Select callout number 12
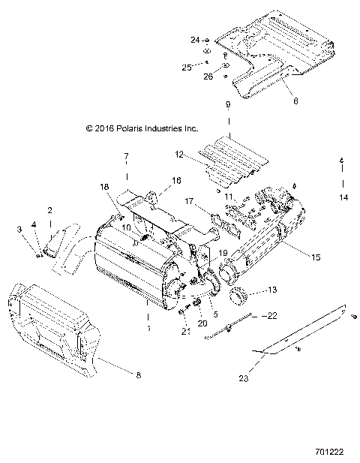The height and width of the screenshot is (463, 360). point(179,154)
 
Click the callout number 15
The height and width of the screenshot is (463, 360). point(316,257)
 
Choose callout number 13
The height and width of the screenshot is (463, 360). point(272,289)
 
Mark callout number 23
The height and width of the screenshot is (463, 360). point(242,379)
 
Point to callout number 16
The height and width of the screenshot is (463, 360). point(176,181)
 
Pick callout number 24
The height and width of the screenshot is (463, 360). point(194,39)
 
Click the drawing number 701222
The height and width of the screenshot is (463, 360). point(331,452)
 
